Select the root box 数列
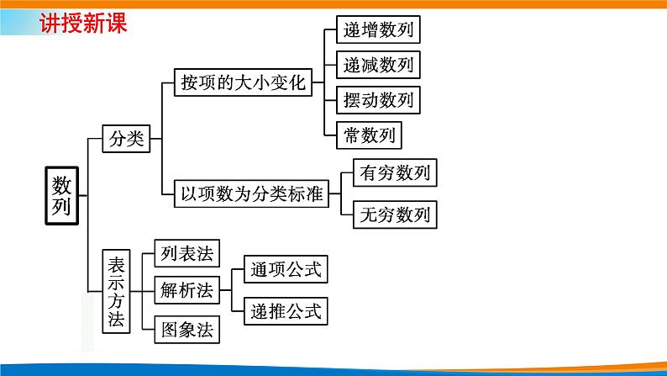coord(62,195)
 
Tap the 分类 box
coord(125,139)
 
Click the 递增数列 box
coord(378,30)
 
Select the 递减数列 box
coord(378,65)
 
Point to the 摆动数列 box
coord(378,100)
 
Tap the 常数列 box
coord(369,135)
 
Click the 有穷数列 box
coord(395,173)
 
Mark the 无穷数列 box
coord(395,213)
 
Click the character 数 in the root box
coord(62,183)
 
